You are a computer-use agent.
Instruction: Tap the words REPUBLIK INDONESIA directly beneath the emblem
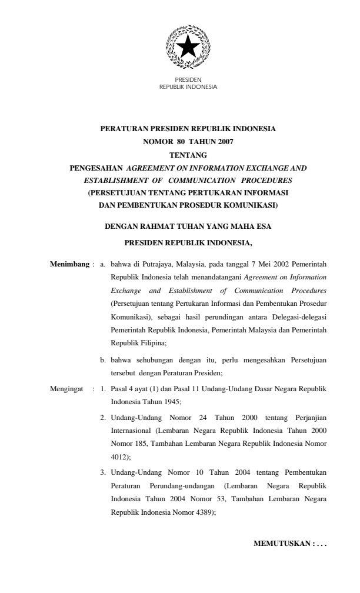(x=188, y=87)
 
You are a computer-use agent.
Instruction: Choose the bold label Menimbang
(x=69, y=264)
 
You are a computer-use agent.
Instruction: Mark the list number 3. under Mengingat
(x=103, y=472)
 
